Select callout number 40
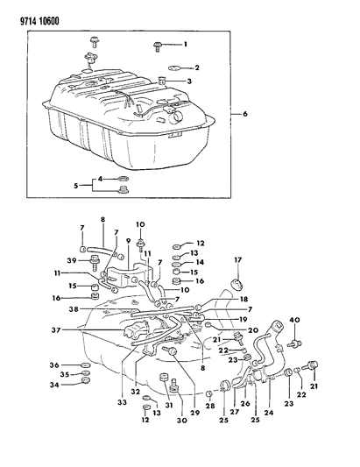click(x=295, y=318)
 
